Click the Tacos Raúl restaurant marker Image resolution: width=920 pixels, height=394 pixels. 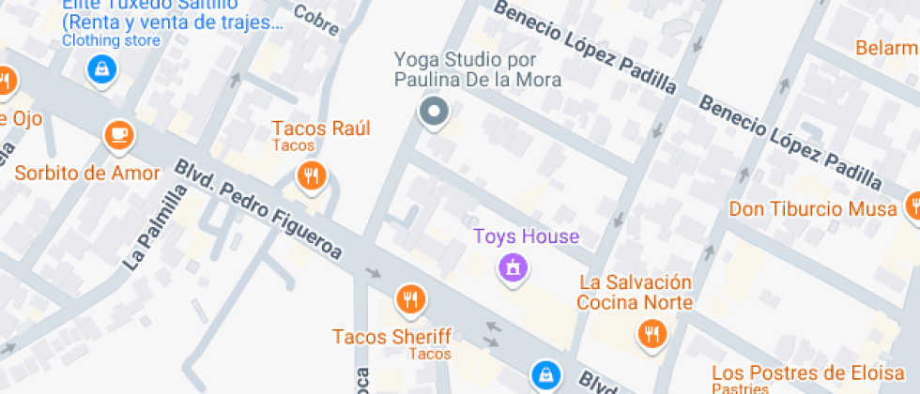(x=311, y=175)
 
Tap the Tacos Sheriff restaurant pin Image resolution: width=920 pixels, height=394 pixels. (x=410, y=300)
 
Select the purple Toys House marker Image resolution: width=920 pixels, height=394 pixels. (x=513, y=269)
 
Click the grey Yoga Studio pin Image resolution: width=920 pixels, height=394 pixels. (x=433, y=113)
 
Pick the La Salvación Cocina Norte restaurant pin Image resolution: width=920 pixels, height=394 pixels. (x=651, y=333)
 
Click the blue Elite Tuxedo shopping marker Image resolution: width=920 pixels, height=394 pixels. (x=100, y=68)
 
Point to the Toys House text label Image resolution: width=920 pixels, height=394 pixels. (x=526, y=236)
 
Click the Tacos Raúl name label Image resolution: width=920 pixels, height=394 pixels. (x=321, y=129)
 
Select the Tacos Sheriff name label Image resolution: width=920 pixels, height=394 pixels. (x=391, y=336)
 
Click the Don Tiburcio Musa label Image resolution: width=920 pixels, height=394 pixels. (x=813, y=208)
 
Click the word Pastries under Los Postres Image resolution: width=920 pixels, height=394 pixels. (x=741, y=388)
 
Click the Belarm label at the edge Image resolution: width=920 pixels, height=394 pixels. (x=886, y=47)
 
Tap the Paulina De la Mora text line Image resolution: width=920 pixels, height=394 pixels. (x=477, y=80)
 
